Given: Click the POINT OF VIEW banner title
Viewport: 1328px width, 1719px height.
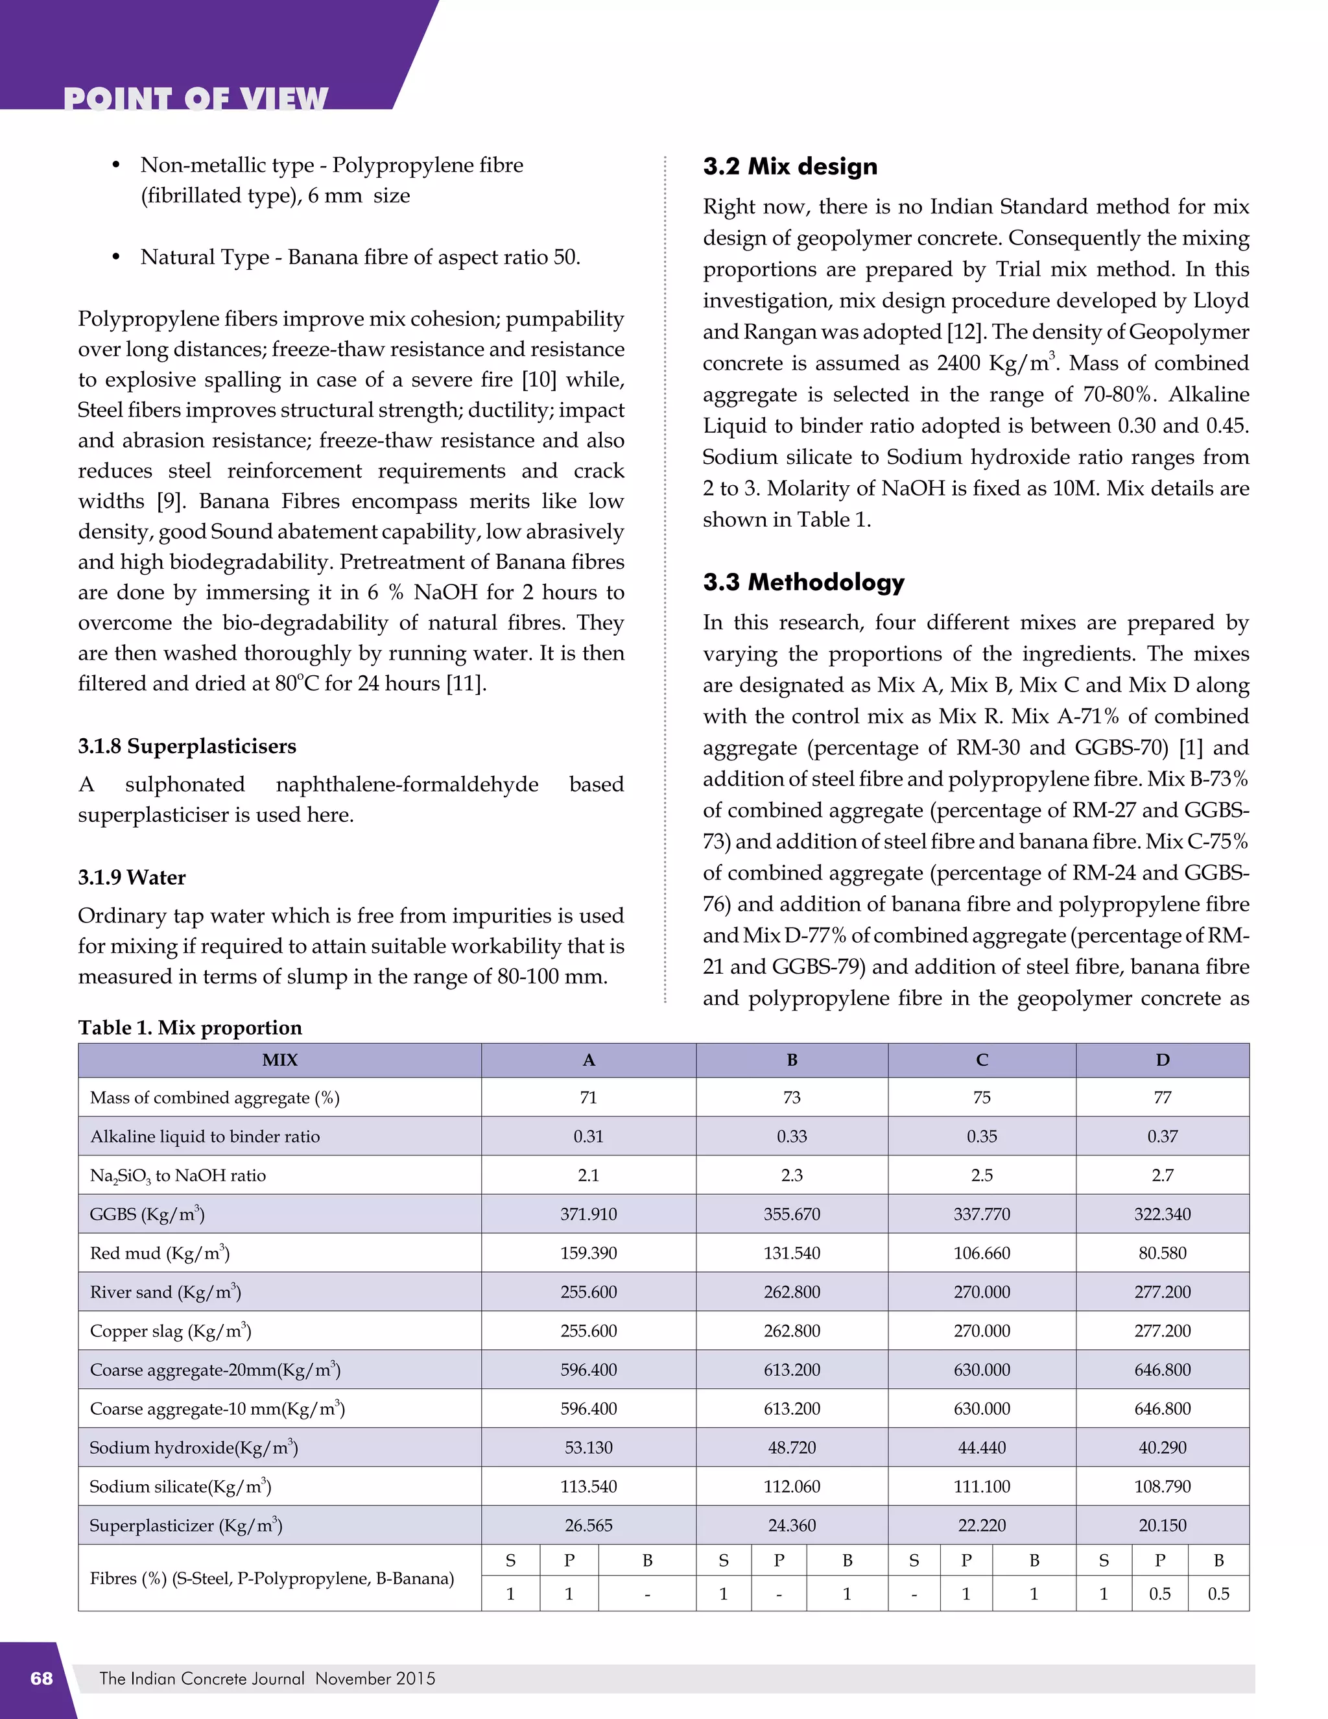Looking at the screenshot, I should click(195, 99).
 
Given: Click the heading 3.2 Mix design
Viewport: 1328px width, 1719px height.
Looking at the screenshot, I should click(790, 167).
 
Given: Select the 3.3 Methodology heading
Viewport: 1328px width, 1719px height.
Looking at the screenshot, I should click(803, 583).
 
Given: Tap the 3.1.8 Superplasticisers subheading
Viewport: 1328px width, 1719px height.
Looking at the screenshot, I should click(187, 746).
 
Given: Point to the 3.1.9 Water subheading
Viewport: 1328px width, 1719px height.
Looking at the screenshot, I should click(132, 878).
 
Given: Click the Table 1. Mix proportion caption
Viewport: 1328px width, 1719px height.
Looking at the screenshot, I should click(189, 1028).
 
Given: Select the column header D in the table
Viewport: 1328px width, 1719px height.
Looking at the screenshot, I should click(1162, 1060).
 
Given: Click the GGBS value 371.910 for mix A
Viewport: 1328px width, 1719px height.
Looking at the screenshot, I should click(589, 1214).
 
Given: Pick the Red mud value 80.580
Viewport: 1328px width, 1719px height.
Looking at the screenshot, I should click(1162, 1253).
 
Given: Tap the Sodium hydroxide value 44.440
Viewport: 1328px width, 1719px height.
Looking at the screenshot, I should click(982, 1447).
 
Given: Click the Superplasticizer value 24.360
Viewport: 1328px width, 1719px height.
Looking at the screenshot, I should click(792, 1526).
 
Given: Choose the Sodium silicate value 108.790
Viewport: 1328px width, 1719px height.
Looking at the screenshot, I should click(1162, 1487).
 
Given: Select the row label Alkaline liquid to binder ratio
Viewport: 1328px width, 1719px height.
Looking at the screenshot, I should click(204, 1136).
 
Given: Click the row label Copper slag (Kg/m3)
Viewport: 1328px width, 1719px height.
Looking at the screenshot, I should click(170, 1331).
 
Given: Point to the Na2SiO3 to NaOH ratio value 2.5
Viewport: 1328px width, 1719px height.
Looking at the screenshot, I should click(982, 1175).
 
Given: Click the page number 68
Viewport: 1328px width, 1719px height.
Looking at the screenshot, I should click(41, 1678).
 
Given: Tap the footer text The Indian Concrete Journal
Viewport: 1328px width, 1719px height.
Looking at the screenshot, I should click(202, 1678).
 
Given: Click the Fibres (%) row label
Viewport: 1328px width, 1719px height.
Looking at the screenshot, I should click(272, 1578).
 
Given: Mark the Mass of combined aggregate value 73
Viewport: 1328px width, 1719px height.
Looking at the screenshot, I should click(792, 1097).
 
